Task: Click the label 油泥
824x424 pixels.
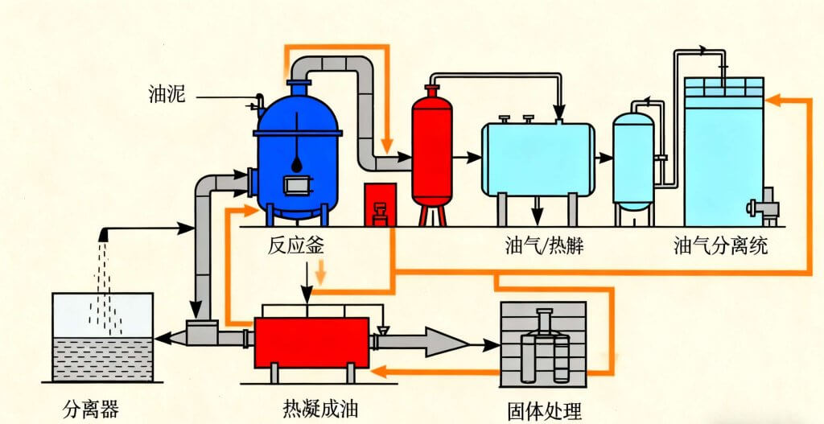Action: click(x=167, y=96)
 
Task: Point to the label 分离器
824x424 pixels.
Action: click(x=91, y=410)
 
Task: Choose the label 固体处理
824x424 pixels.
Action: click(x=544, y=410)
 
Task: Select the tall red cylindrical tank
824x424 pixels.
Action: click(x=432, y=149)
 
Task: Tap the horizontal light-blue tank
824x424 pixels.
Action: click(x=538, y=159)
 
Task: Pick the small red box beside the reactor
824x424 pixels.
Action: click(x=379, y=204)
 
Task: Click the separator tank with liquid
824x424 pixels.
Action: click(x=102, y=338)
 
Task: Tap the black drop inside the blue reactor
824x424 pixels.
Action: click(x=298, y=163)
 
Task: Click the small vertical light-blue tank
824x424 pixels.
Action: click(x=633, y=159)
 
